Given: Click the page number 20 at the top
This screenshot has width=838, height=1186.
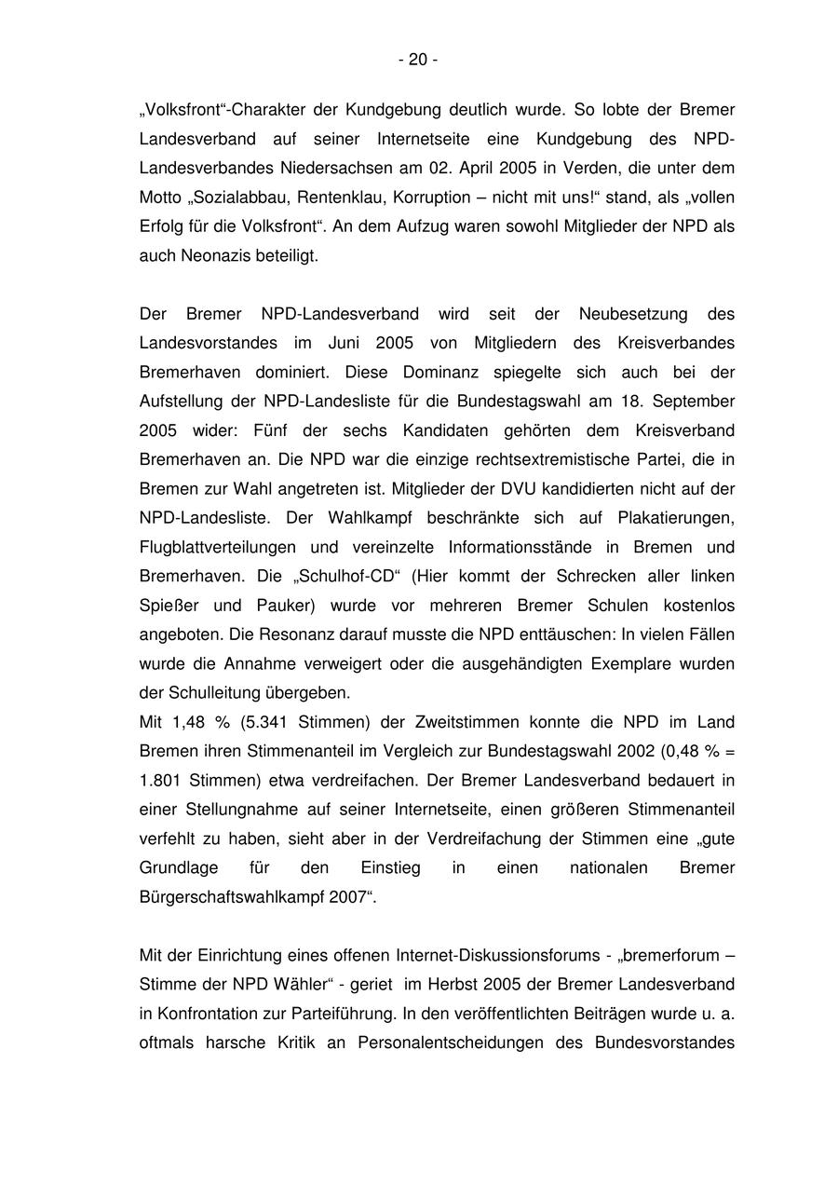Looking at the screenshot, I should click(418, 60).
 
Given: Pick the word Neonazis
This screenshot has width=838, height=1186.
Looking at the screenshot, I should click(208, 255).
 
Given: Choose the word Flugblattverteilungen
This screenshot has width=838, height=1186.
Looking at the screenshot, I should click(218, 547).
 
